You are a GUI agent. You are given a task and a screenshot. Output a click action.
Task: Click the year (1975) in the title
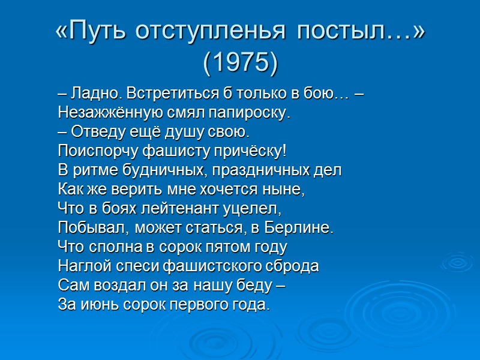240,62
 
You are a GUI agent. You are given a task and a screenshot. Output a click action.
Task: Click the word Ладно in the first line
89,94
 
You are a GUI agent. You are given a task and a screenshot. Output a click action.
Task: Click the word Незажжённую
101,113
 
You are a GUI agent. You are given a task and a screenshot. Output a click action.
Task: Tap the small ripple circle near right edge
458,262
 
